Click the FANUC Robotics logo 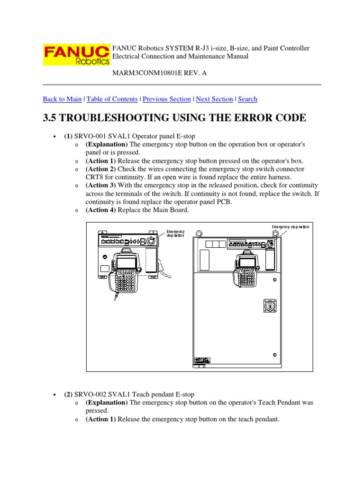76,55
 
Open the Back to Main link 62,99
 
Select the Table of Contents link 112,99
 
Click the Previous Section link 166,99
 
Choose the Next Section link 214,99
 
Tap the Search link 247,99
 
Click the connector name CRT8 94,177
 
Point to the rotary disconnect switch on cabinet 270,305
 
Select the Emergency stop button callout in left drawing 175,234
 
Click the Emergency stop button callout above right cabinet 291,227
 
